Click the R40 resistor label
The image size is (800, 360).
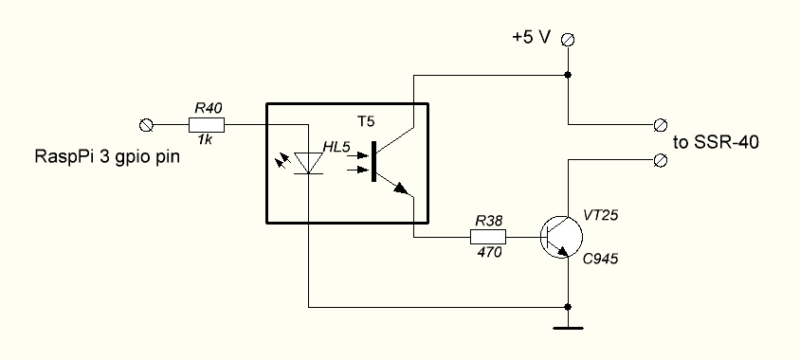coord(209,108)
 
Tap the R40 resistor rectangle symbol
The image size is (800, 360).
coord(207,124)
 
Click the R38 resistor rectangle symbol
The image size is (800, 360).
coord(488,237)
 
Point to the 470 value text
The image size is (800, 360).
coord(489,252)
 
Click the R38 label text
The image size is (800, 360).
coord(489,221)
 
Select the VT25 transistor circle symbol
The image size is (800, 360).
coord(561,237)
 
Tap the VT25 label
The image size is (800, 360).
coord(601,216)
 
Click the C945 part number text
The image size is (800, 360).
coord(601,259)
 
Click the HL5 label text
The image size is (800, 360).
coord(336,148)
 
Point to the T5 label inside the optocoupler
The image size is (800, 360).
coord(365,121)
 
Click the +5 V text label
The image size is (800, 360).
coord(532,38)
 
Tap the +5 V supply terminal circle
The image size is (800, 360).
coord(568,39)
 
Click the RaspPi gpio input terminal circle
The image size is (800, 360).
coord(146,124)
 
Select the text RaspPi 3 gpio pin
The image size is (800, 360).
coord(107,156)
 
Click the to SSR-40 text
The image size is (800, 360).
coord(716,143)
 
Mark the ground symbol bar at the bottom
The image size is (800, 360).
coord(568,329)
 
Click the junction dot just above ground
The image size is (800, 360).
coord(568,307)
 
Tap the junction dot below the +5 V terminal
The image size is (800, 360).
coord(568,75)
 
